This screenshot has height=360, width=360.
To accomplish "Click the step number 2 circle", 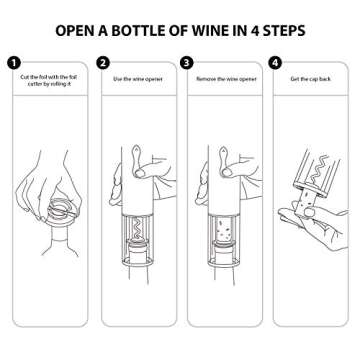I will point(103,63).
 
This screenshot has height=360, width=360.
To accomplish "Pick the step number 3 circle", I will point(187,63).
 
